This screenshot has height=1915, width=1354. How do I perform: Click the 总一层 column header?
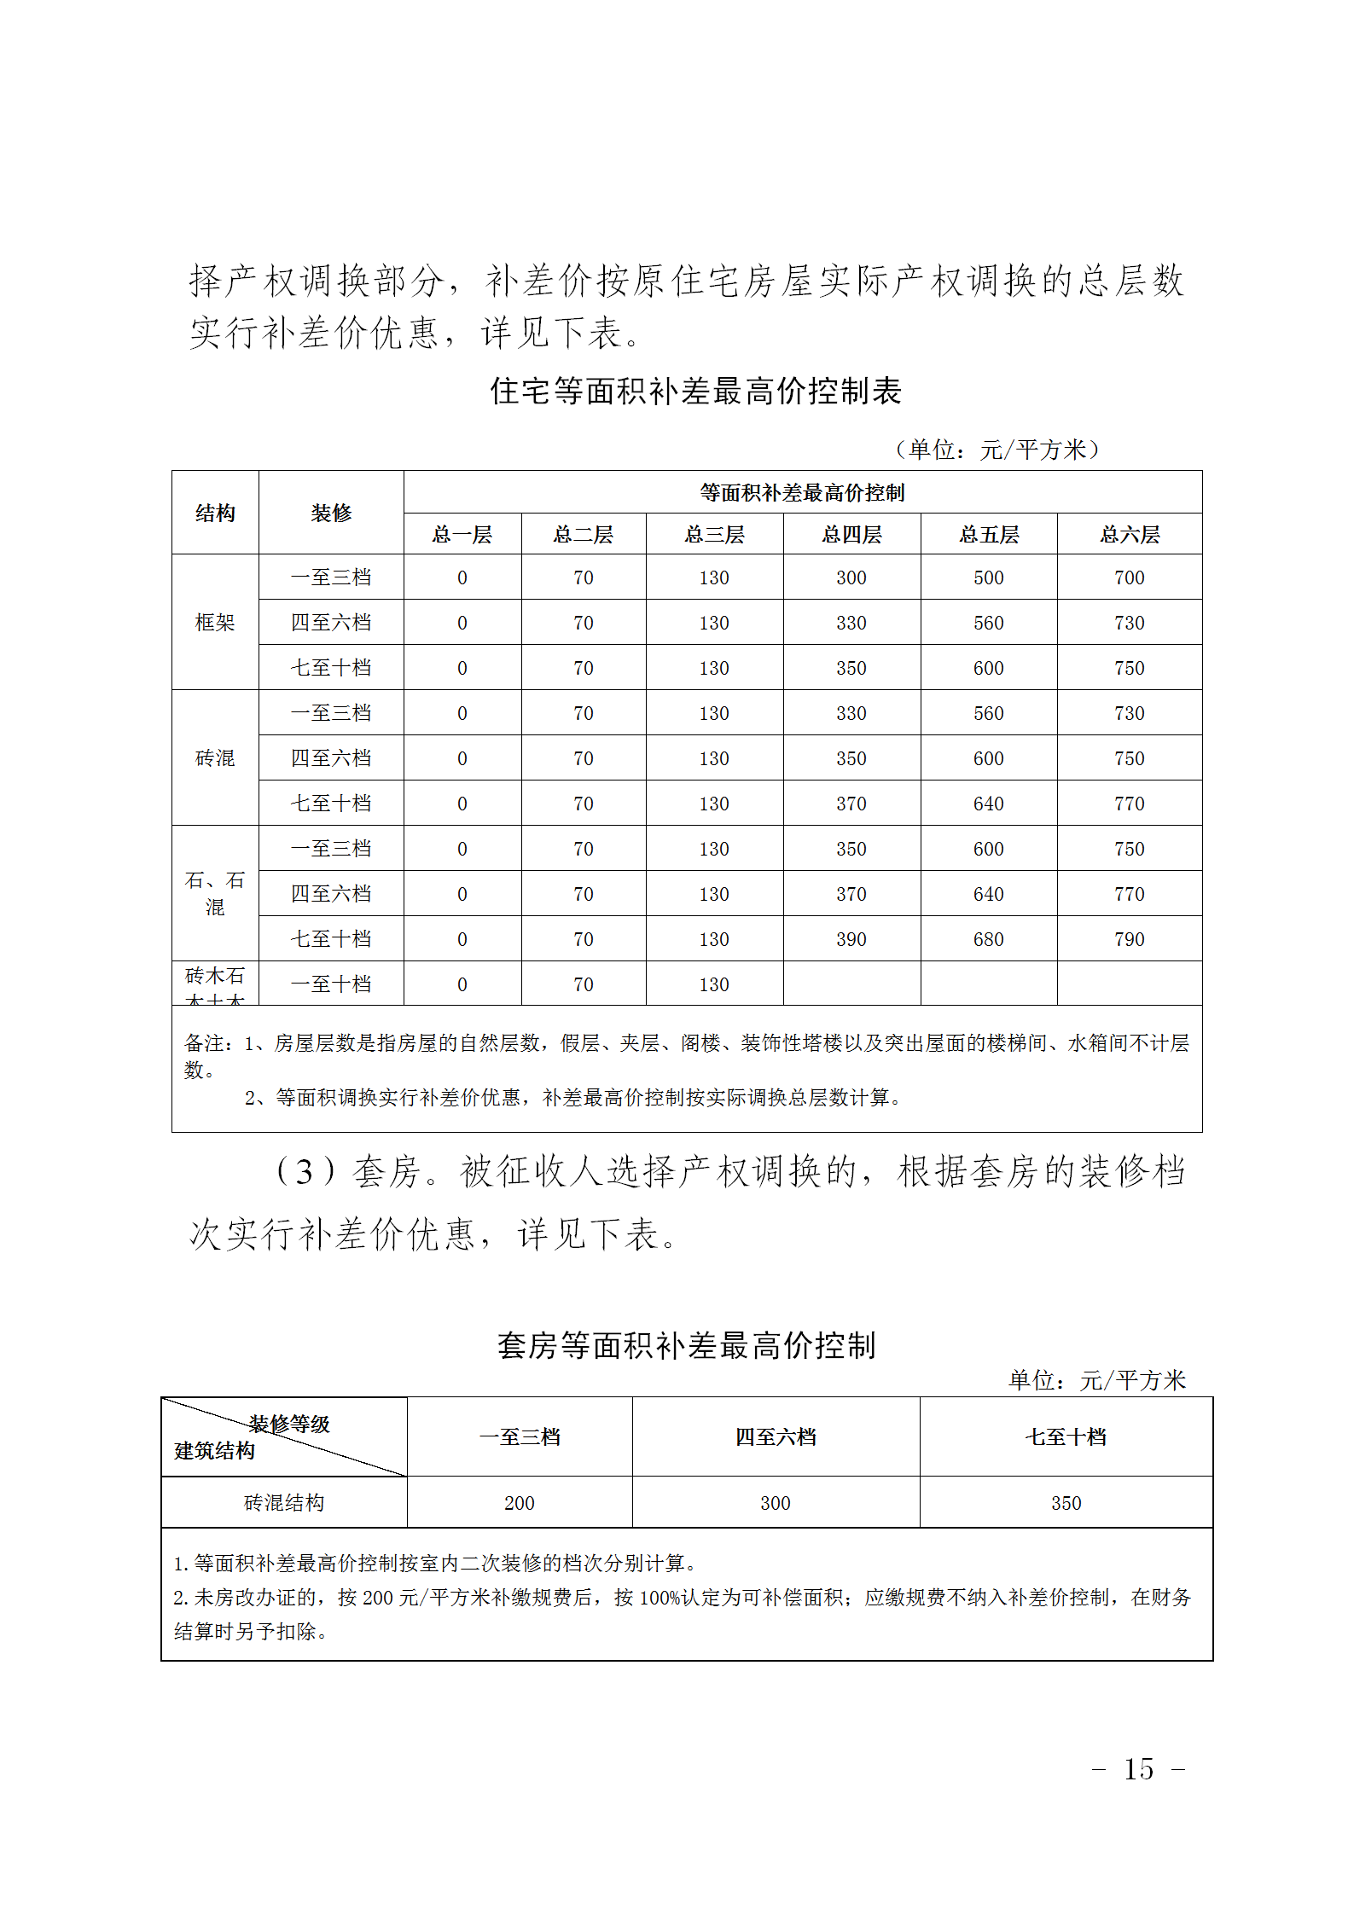click(462, 535)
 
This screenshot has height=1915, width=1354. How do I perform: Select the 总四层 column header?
click(851, 535)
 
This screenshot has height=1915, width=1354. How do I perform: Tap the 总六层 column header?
click(1129, 535)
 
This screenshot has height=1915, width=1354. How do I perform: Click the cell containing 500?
click(988, 577)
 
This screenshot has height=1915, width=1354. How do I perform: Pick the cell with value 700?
click(1129, 577)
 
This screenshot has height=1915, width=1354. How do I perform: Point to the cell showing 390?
click(851, 939)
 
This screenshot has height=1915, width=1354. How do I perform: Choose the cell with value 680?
click(988, 939)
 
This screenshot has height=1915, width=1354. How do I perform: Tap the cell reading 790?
click(1129, 939)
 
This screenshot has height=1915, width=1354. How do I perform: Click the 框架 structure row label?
click(215, 623)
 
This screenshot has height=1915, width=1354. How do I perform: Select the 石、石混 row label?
click(215, 893)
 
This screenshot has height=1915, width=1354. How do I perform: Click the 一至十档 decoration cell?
click(331, 984)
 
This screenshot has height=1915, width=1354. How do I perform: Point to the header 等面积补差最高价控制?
click(802, 492)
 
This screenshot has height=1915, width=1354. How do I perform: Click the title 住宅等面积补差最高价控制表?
click(695, 392)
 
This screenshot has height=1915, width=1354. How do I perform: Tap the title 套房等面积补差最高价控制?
click(687, 1345)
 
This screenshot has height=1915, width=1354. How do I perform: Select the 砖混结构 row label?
click(284, 1502)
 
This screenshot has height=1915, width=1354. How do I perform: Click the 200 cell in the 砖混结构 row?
click(519, 1503)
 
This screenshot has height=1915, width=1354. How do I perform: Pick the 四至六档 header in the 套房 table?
click(776, 1437)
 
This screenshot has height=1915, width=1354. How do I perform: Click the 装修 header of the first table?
click(331, 513)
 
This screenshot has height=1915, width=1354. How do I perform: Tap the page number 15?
click(1138, 1768)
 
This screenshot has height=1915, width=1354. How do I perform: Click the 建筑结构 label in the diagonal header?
click(215, 1451)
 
